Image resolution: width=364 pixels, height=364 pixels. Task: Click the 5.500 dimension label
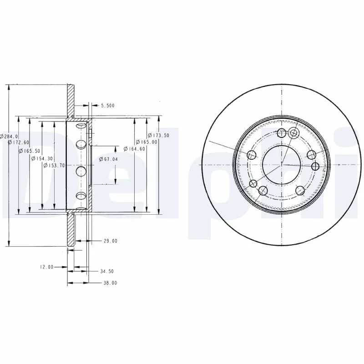108,106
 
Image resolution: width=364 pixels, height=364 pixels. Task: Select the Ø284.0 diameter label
9,136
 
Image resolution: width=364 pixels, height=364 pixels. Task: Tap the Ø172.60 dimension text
18,142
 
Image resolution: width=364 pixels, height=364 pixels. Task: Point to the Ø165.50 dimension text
30,151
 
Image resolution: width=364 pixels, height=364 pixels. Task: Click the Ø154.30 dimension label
42,158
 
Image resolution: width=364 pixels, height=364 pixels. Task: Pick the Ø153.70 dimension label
54,166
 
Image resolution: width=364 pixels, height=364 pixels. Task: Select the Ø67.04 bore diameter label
108,159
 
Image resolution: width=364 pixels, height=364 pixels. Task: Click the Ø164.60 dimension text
134,149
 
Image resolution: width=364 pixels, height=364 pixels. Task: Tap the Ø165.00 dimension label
147,142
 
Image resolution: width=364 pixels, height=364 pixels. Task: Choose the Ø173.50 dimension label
158,135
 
